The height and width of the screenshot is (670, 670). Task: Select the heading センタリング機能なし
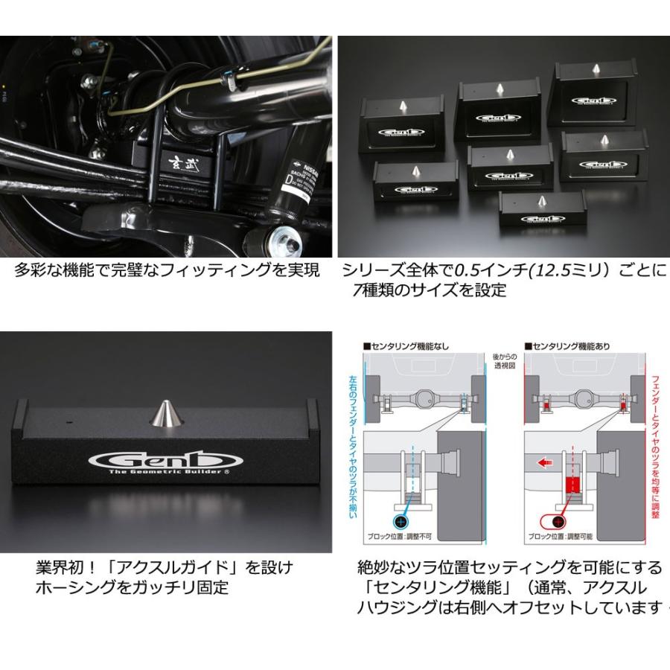pos(409,346)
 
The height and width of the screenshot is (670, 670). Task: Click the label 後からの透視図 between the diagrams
pos(504,362)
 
